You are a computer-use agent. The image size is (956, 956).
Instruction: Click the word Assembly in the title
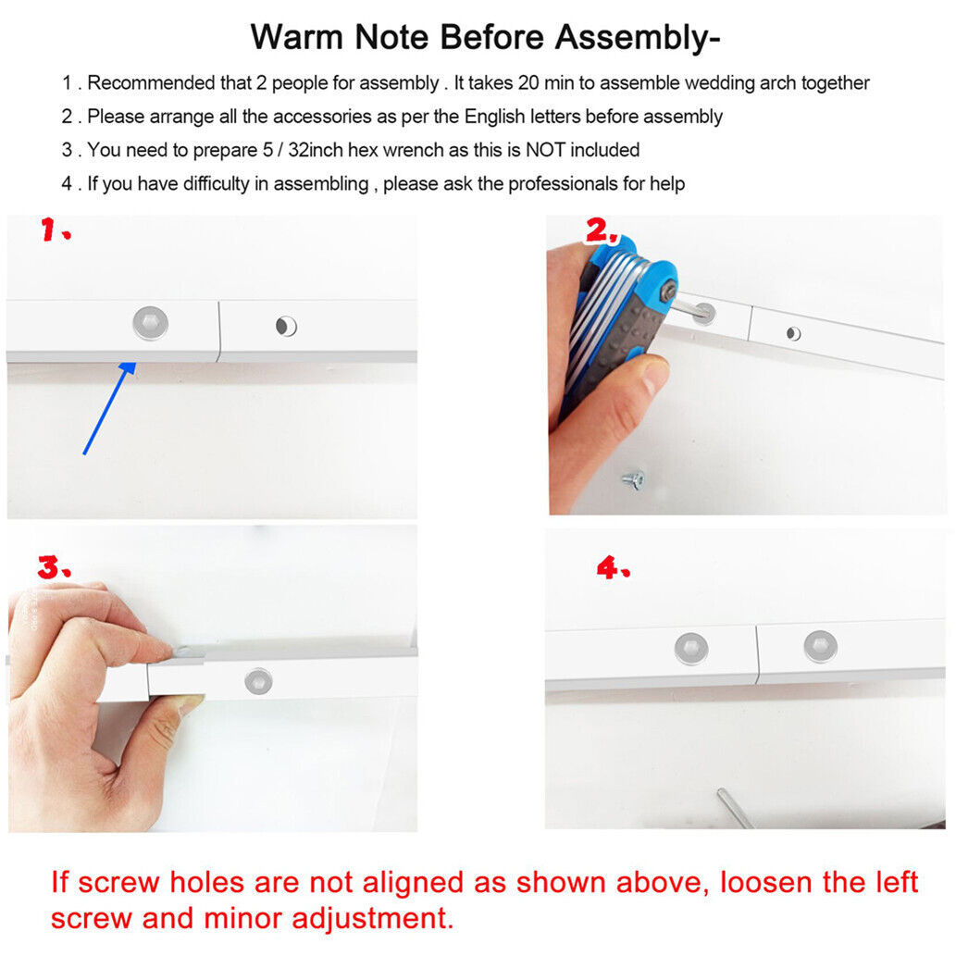(x=637, y=38)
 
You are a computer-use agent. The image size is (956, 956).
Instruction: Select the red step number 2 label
(x=602, y=230)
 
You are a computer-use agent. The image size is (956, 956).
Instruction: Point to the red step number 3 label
(x=54, y=566)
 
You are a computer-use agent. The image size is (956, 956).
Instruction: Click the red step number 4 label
(x=613, y=567)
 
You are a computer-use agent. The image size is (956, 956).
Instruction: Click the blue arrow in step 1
(x=110, y=408)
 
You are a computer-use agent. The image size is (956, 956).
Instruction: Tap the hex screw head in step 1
(x=151, y=323)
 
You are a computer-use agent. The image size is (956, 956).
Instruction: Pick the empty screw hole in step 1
(x=286, y=326)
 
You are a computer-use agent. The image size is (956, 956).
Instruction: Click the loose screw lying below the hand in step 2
(x=633, y=479)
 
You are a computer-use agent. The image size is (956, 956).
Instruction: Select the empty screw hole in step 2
(x=793, y=333)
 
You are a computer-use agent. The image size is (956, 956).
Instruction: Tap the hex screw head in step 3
(x=258, y=680)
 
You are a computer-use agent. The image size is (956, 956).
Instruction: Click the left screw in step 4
(x=691, y=647)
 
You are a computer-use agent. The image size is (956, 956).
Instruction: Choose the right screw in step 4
(x=821, y=646)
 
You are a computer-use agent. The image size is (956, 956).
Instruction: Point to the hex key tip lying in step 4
(x=722, y=792)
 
